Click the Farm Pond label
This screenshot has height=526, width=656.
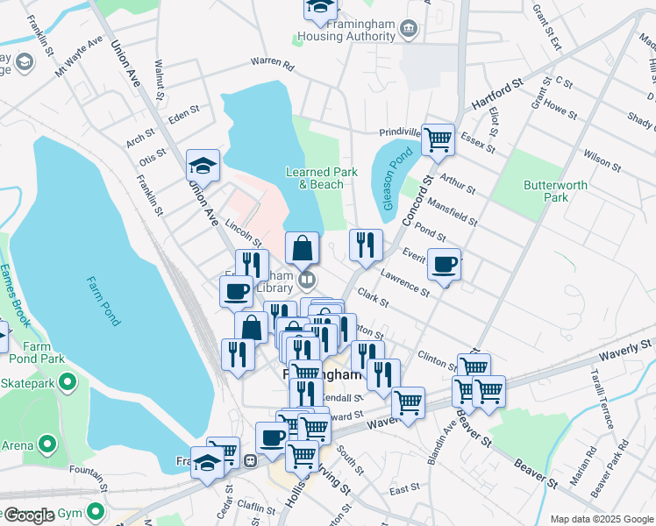[x=103, y=302]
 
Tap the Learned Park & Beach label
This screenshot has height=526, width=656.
[x=321, y=178]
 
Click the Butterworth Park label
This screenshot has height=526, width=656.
[x=546, y=190]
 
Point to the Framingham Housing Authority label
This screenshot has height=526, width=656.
[x=345, y=31]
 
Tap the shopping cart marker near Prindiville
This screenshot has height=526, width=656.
[x=438, y=139]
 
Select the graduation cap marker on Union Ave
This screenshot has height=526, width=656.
[x=203, y=166]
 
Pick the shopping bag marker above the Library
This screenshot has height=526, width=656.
[x=302, y=248]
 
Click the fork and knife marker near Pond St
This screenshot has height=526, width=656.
[x=366, y=245]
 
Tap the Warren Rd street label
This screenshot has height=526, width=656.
[x=271, y=62]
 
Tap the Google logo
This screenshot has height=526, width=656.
[x=29, y=515]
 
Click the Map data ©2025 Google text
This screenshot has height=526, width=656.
[x=601, y=519]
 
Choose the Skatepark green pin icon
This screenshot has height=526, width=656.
[x=69, y=383]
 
